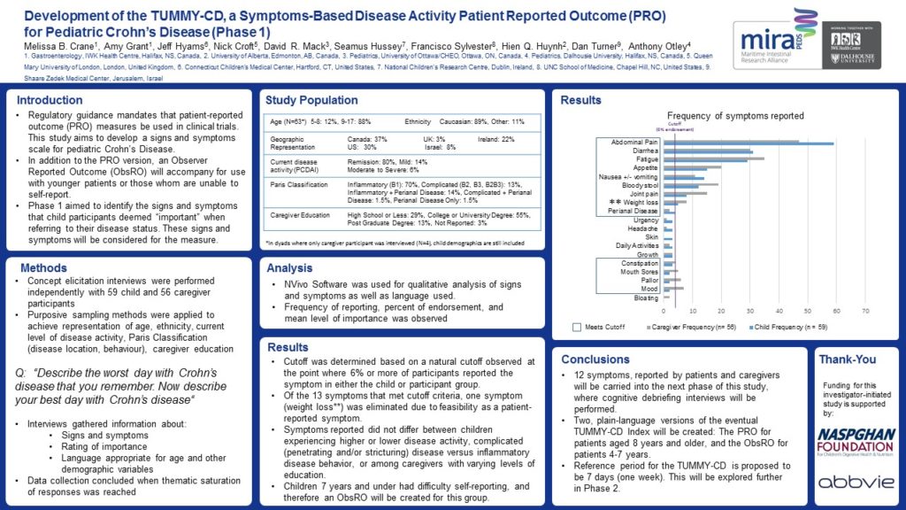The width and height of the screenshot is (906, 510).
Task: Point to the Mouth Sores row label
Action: pyautogui.click(x=638, y=272)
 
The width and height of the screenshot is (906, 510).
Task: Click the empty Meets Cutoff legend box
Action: pyautogui.click(x=577, y=328)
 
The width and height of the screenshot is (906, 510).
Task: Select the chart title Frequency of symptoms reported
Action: pyautogui.click(x=735, y=116)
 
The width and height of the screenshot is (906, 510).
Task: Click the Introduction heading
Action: pyautogui.click(x=50, y=100)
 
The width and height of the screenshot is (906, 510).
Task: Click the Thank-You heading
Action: pyautogui.click(x=848, y=359)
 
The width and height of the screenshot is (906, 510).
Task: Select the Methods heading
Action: pyautogui.click(x=43, y=267)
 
